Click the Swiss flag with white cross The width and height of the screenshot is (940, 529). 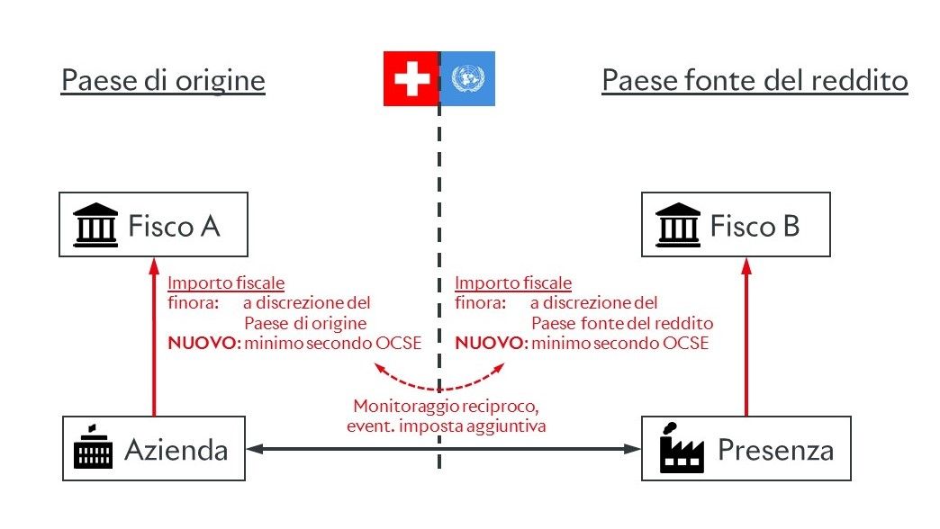click(x=411, y=79)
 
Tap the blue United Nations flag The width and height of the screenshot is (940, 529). click(x=466, y=79)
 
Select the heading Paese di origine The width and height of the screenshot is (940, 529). click(x=163, y=82)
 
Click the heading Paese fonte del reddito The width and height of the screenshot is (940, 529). click(x=755, y=82)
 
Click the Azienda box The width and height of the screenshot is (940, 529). click(x=154, y=447)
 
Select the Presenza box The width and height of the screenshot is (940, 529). click(x=746, y=447)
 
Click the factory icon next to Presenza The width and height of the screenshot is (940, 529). click(x=682, y=447)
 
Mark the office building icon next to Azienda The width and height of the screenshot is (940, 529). click(x=94, y=448)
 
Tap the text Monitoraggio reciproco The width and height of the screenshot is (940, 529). click(x=446, y=407)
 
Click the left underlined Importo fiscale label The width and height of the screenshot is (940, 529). click(x=226, y=282)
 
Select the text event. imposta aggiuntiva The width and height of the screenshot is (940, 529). click(x=446, y=426)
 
